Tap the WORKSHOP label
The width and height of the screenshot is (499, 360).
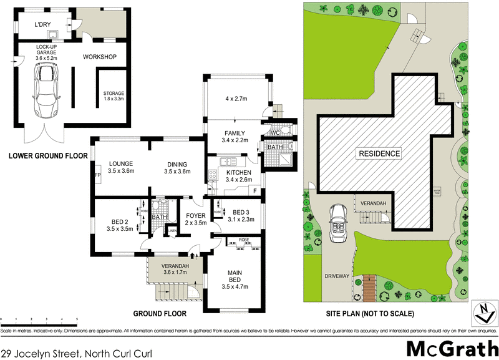[100, 57]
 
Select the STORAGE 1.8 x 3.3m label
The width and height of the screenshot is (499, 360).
[114, 96]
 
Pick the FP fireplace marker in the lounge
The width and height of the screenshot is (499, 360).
[97, 176]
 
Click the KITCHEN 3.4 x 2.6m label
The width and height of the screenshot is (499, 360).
[238, 176]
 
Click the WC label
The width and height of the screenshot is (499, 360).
[275, 134]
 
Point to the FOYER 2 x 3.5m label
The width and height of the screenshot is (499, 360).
[195, 218]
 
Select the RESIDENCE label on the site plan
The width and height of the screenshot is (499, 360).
[379, 153]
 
